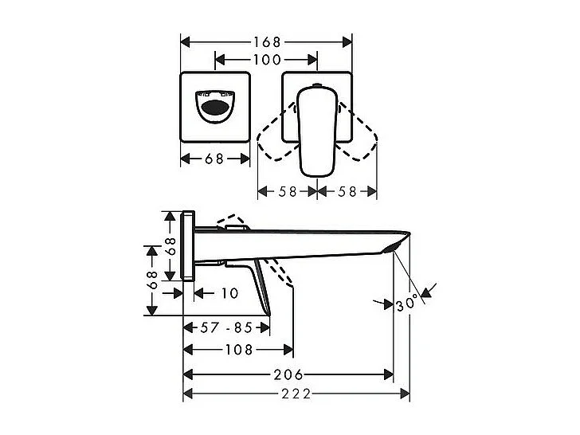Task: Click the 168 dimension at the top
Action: pos(266,41)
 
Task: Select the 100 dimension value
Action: pos(266,60)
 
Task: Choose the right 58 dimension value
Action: pos(347,191)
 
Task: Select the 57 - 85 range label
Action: pos(227,327)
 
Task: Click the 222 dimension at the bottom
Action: pos(296,394)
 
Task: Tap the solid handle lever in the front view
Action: pos(316,131)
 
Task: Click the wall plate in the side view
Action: pos(189,246)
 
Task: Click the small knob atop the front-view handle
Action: pos(316,85)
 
